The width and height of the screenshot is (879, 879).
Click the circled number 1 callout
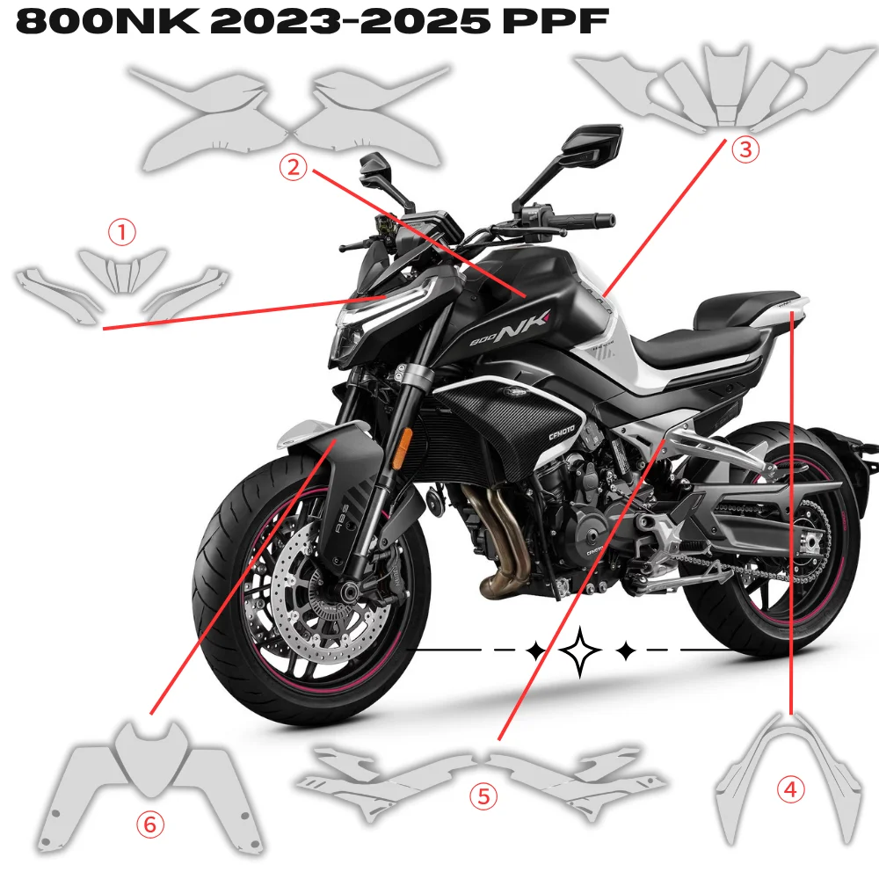(122, 232)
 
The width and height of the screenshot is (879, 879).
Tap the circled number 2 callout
(293, 166)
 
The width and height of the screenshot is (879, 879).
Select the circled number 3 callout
(745, 149)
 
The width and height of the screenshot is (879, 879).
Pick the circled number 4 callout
(791, 789)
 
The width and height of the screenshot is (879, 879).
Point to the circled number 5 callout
(483, 796)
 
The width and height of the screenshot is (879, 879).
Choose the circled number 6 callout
(149, 824)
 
